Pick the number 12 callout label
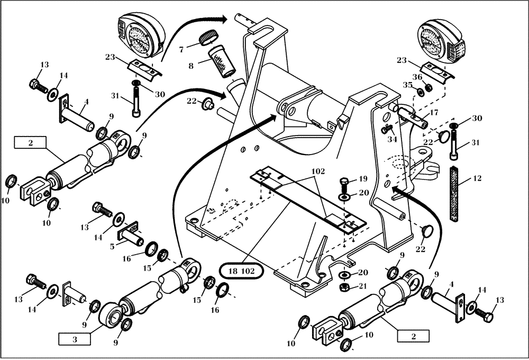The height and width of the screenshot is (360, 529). [477, 179]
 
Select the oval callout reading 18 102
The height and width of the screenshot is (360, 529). [242, 271]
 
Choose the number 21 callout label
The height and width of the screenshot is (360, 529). [363, 286]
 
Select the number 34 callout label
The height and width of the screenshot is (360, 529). [391, 139]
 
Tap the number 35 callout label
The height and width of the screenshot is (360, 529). [407, 84]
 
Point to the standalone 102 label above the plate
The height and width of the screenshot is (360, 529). [317, 172]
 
